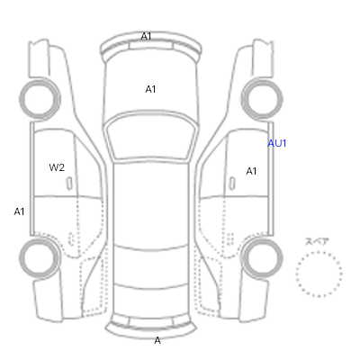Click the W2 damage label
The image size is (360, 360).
pyautogui.click(x=57, y=167)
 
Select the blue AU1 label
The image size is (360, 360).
pyautogui.click(x=277, y=143)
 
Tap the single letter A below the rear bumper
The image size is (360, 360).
pyautogui.click(x=157, y=340)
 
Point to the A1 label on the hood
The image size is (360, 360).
pyautogui.click(x=150, y=89)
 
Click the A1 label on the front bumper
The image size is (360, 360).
pyautogui.click(x=146, y=36)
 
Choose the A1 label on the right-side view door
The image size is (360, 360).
pyautogui.click(x=251, y=171)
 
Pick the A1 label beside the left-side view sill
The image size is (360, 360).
pyautogui.click(x=19, y=211)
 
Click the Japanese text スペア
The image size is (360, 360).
pyautogui.click(x=317, y=241)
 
